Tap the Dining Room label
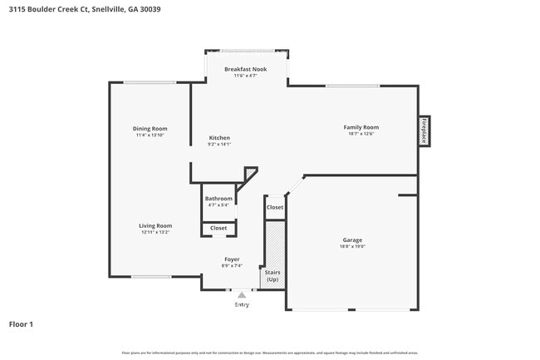[150, 128]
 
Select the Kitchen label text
[219, 138]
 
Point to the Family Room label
[361, 127]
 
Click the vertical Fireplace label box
[424, 131]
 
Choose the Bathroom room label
[218, 199]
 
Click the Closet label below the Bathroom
[218, 228]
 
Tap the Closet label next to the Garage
[274, 207]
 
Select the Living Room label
[155, 225]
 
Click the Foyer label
[232, 259]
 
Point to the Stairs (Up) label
[272, 275]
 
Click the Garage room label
[352, 239]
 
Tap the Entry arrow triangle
[242, 294]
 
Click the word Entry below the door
[242, 304]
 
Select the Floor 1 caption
[21, 323]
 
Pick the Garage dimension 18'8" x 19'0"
[352, 246]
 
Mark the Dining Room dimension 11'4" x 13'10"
[150, 135]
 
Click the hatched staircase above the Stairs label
[272, 243]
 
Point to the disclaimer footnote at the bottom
[270, 353]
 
